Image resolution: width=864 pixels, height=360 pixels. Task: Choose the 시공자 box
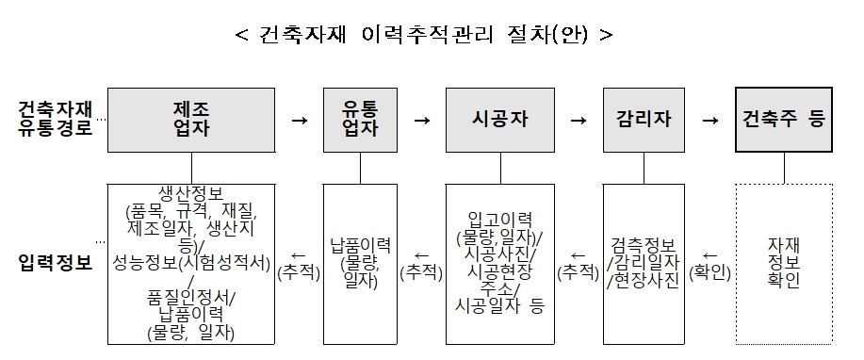tap(500, 120)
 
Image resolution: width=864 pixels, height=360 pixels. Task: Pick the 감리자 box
tap(644, 120)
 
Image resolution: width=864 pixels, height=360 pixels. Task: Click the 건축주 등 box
tap(783, 120)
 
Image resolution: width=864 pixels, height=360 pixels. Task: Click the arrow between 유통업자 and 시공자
tap(422, 121)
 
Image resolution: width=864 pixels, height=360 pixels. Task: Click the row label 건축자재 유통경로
tap(55, 120)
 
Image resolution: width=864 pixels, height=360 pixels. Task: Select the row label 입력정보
tap(55, 263)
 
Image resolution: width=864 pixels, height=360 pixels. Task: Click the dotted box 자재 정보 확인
tap(783, 263)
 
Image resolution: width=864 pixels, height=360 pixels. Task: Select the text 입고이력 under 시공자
tap(500, 217)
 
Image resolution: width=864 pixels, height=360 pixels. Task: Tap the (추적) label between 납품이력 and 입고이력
tap(422, 271)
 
